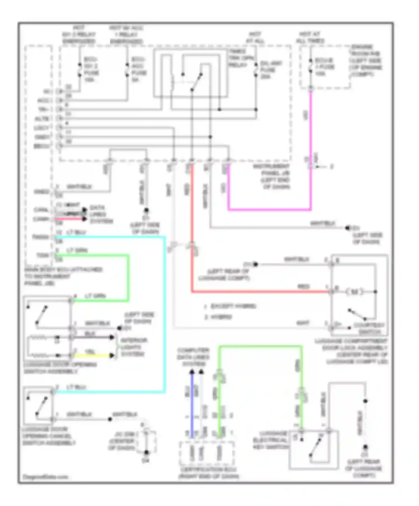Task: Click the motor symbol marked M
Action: click(354, 292)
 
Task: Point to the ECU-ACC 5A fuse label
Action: click(139, 69)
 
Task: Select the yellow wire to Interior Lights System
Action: click(92, 355)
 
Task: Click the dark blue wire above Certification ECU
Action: click(192, 404)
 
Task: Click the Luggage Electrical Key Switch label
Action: click(270, 440)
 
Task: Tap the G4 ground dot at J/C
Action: click(146, 452)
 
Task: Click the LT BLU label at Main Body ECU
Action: click(76, 232)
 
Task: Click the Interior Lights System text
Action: click(134, 347)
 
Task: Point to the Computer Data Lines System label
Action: click(193, 357)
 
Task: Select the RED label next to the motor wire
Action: click(303, 286)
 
